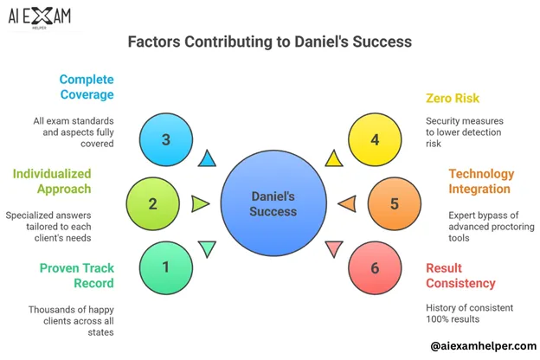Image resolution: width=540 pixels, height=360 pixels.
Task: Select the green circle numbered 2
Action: [x=151, y=203]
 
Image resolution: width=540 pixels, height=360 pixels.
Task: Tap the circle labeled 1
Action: [x=167, y=267]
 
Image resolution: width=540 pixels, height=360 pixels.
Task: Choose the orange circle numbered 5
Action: [x=395, y=203]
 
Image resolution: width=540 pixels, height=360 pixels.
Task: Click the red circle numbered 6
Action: [x=375, y=267]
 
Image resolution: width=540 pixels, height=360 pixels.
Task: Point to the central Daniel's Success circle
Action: [x=273, y=203]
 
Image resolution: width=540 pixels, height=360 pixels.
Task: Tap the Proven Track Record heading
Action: [x=76, y=275]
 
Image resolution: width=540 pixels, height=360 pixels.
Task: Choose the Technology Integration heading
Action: [x=481, y=182]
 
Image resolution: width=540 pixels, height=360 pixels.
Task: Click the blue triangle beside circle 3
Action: [x=207, y=158]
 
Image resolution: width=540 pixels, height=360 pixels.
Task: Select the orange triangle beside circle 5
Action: [x=345, y=204]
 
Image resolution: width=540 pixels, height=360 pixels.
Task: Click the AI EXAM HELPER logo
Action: [x=40, y=17]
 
